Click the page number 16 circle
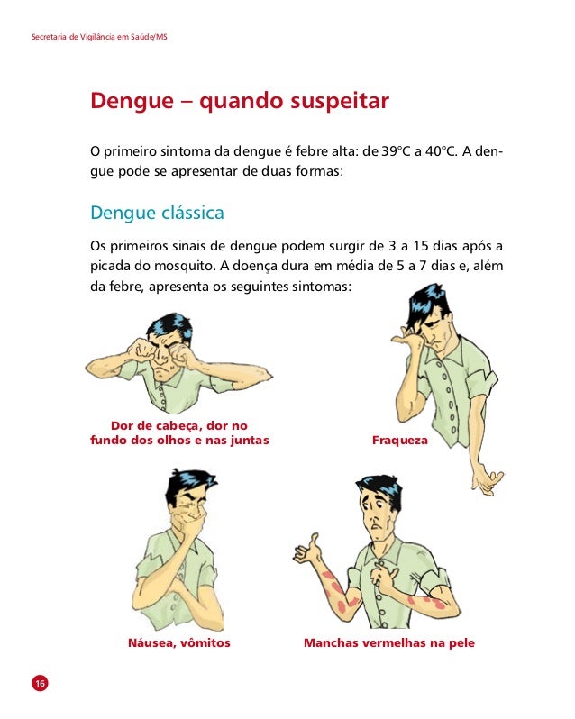point(40,683)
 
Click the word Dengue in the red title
point(132,101)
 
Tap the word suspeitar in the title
point(340,101)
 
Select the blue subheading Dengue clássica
point(158,214)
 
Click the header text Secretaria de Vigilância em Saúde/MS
point(99,37)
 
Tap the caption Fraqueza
point(400,441)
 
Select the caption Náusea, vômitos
point(179,643)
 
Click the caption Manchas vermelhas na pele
point(389,643)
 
